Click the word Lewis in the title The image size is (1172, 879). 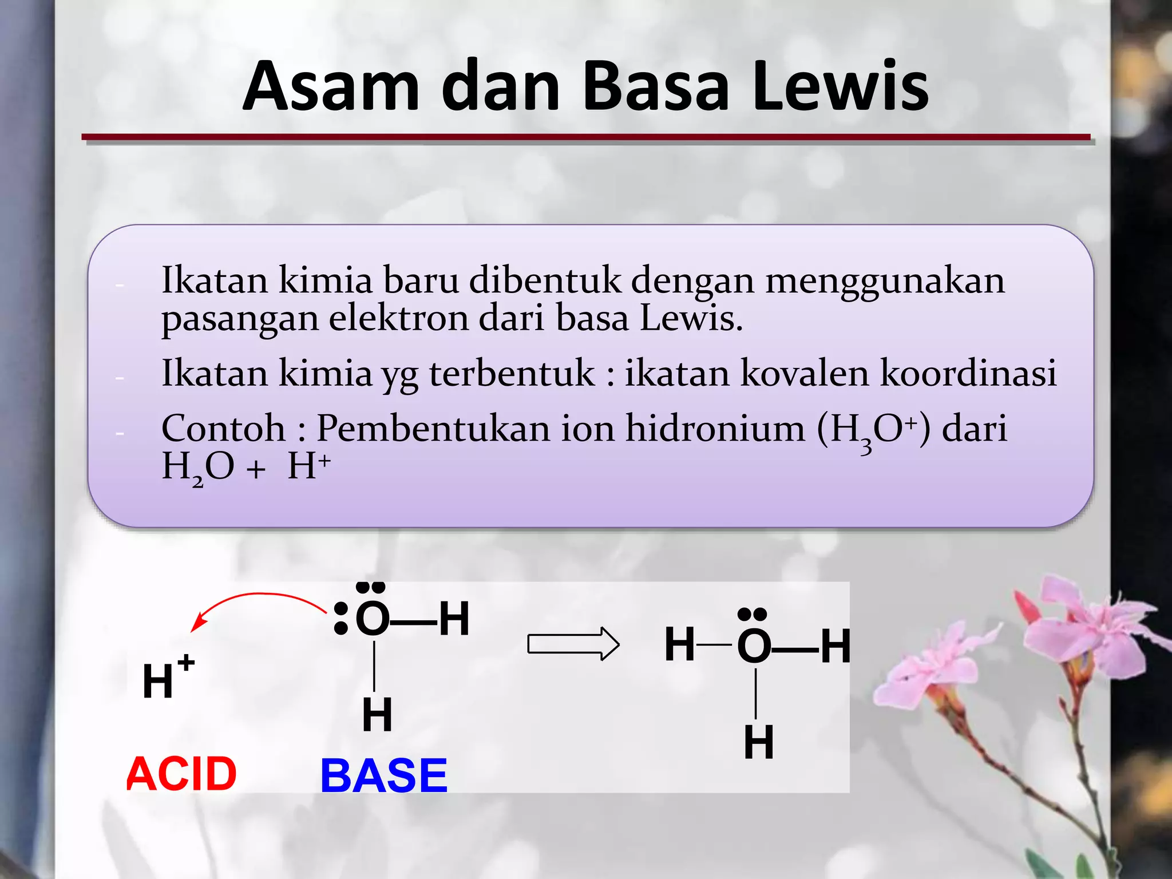tap(840, 87)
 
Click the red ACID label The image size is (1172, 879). tap(181, 774)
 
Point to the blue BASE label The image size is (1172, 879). tap(383, 775)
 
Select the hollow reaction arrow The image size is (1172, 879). tap(573, 644)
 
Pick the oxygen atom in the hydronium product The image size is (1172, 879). tap(754, 646)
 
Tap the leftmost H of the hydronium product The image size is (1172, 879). tap(680, 644)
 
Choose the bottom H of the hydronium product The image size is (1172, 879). tap(759, 742)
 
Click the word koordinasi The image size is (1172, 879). tap(968, 373)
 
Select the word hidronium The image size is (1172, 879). tap(715, 428)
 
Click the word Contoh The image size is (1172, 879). tap(223, 428)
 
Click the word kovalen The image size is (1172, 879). tap(805, 373)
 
